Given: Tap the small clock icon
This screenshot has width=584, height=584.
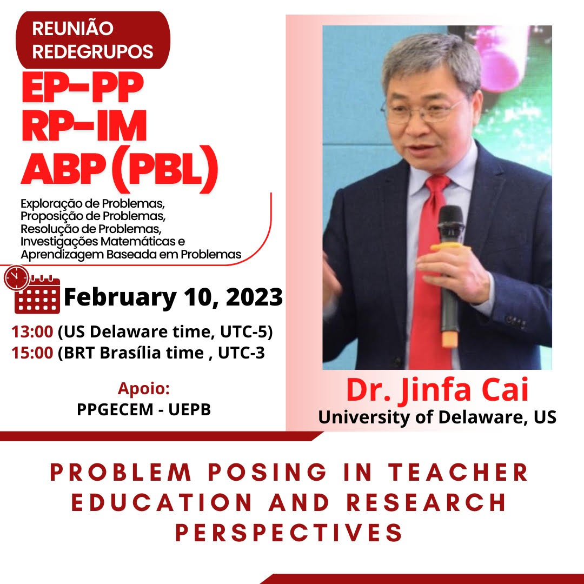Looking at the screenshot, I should click(17, 278).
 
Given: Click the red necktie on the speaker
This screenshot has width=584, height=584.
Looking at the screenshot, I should click(429, 270).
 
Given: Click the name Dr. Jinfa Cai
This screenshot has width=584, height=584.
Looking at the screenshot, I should click(437, 390).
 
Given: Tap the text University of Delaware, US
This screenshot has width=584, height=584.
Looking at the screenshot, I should click(437, 417).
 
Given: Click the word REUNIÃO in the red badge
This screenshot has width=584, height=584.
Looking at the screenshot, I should click(73, 28).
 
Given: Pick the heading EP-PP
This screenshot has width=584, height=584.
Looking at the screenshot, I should click(82, 89).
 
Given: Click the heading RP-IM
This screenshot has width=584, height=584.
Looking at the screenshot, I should click(84, 129).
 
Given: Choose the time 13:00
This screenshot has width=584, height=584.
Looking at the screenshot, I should click(32, 331).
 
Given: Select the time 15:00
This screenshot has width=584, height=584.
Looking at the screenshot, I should click(32, 354).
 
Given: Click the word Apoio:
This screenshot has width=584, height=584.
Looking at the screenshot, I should click(143, 389).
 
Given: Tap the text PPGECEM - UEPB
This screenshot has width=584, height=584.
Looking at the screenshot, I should click(143, 409).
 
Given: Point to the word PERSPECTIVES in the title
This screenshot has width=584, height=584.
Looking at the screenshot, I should click(289, 533).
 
